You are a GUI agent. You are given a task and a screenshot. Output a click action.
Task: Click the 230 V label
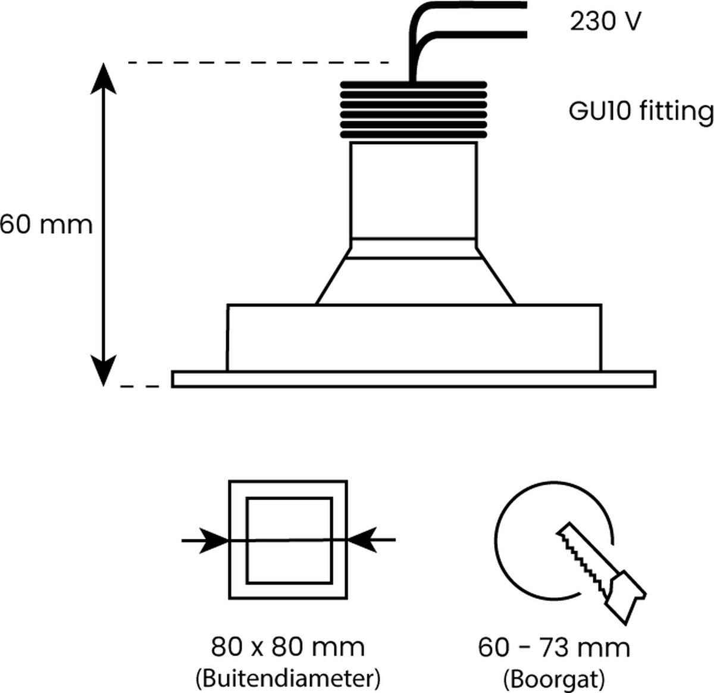point(606,22)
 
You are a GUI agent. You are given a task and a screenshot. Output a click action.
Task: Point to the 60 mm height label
point(46,225)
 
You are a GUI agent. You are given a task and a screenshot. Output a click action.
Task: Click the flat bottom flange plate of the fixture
point(414,379)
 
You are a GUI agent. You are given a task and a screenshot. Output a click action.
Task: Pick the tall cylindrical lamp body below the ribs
point(414,191)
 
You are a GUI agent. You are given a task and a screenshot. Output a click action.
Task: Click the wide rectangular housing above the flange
point(414,338)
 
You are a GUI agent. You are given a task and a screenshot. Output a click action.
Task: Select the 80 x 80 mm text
point(287,646)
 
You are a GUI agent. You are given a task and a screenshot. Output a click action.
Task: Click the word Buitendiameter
point(287,677)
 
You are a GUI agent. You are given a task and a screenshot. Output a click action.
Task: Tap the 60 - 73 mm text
point(553,647)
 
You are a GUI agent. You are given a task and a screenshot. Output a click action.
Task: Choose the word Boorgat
point(553,678)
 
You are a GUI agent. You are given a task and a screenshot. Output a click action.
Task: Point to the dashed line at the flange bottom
point(140,387)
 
